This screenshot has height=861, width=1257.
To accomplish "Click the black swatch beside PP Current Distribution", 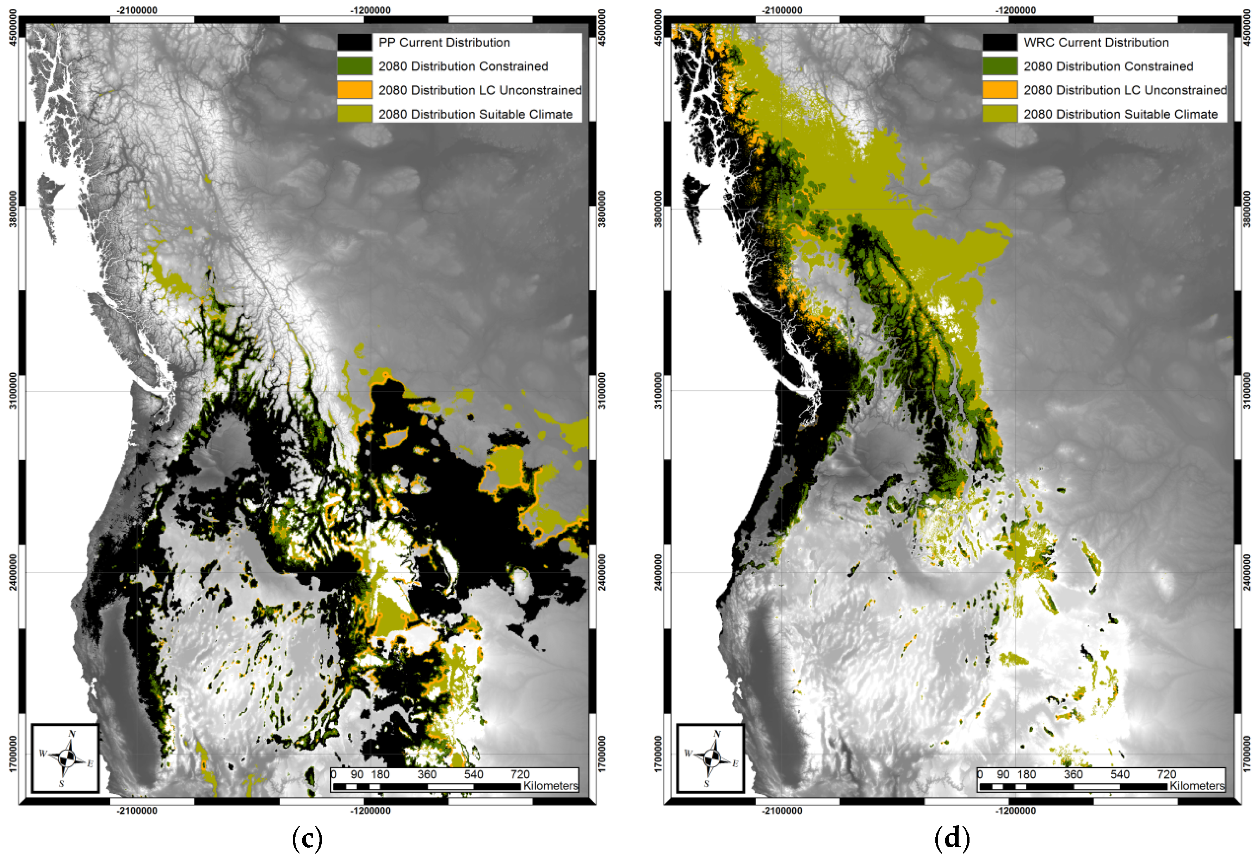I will point(354,42).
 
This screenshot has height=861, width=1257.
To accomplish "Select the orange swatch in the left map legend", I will point(354,90).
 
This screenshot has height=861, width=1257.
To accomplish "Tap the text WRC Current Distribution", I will point(1096,42).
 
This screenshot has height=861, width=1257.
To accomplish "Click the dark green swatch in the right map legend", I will point(999,66).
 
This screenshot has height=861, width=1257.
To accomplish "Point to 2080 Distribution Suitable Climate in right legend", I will point(1120,114).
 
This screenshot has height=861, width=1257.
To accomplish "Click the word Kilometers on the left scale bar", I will point(551,786).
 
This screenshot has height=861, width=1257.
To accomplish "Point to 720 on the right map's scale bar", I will point(1167,774).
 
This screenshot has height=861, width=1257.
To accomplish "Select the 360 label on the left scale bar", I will point(427,774).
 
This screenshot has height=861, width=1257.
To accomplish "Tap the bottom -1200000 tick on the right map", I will point(1015,811).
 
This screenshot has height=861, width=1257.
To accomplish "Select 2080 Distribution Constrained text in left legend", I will point(463,66).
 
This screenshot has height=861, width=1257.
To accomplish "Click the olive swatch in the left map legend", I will point(354,114).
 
